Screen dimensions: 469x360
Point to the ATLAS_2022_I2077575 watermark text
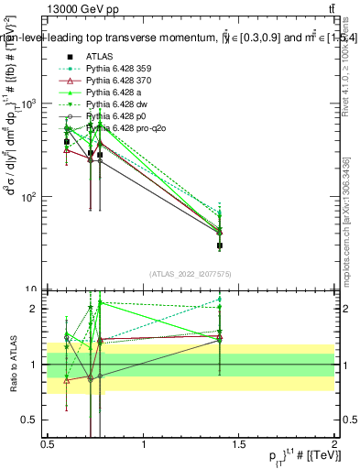pyautogui.click(x=191, y=275)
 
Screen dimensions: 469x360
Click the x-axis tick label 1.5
pyautogui.click(x=239, y=444)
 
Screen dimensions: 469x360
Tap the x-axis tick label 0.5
pyautogui.click(x=48, y=444)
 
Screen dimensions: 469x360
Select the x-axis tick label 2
pyautogui.click(x=334, y=444)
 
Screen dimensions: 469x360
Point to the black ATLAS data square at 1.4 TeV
pyautogui.click(x=220, y=245)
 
